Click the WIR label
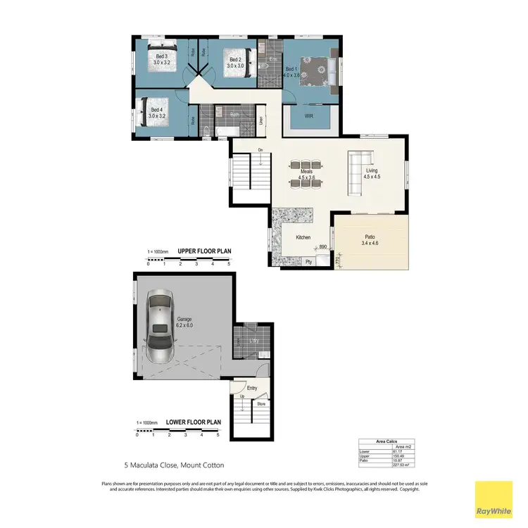tap(308, 115)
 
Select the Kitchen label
tap(303, 238)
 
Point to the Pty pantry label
tap(308, 262)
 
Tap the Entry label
tap(252, 388)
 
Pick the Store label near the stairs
tap(260, 404)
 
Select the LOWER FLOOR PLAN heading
tap(194, 422)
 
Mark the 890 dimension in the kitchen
tap(323, 246)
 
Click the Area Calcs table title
tap(389, 439)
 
